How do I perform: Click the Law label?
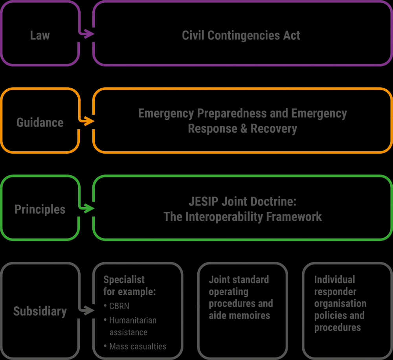click(x=40, y=35)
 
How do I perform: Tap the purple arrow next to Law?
click(x=86, y=33)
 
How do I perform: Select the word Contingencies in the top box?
click(x=243, y=35)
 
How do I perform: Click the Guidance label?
click(x=40, y=122)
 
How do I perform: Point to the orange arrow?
click(x=86, y=121)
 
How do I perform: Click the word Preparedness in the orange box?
click(x=232, y=113)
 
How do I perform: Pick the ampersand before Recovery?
click(x=244, y=129)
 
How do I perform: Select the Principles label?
click(x=40, y=209)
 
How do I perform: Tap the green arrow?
click(x=86, y=208)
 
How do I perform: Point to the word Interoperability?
click(x=224, y=217)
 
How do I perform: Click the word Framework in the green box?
click(x=294, y=217)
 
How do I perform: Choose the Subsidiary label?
click(x=40, y=311)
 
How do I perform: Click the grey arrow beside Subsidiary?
click(x=86, y=310)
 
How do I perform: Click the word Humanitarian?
click(x=133, y=320)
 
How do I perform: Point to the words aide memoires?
click(x=239, y=315)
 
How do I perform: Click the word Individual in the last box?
click(x=334, y=279)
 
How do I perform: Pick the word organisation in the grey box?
click(x=340, y=303)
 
